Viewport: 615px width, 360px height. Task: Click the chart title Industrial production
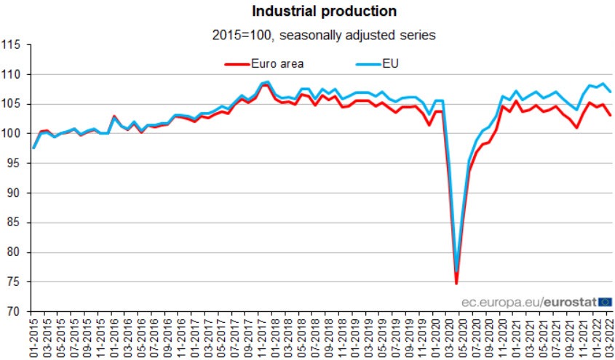coord(325,11)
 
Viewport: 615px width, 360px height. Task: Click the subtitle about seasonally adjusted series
coord(325,33)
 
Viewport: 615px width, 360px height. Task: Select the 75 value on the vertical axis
coord(13,282)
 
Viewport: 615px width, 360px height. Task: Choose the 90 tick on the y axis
coord(13,193)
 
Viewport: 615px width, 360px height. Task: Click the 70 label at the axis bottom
coord(13,312)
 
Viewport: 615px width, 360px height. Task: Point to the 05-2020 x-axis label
coord(462,336)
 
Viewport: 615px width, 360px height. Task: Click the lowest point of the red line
coord(456,284)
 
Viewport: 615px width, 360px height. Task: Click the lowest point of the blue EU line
coord(456,271)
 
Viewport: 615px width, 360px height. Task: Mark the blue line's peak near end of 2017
coord(268,81)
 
